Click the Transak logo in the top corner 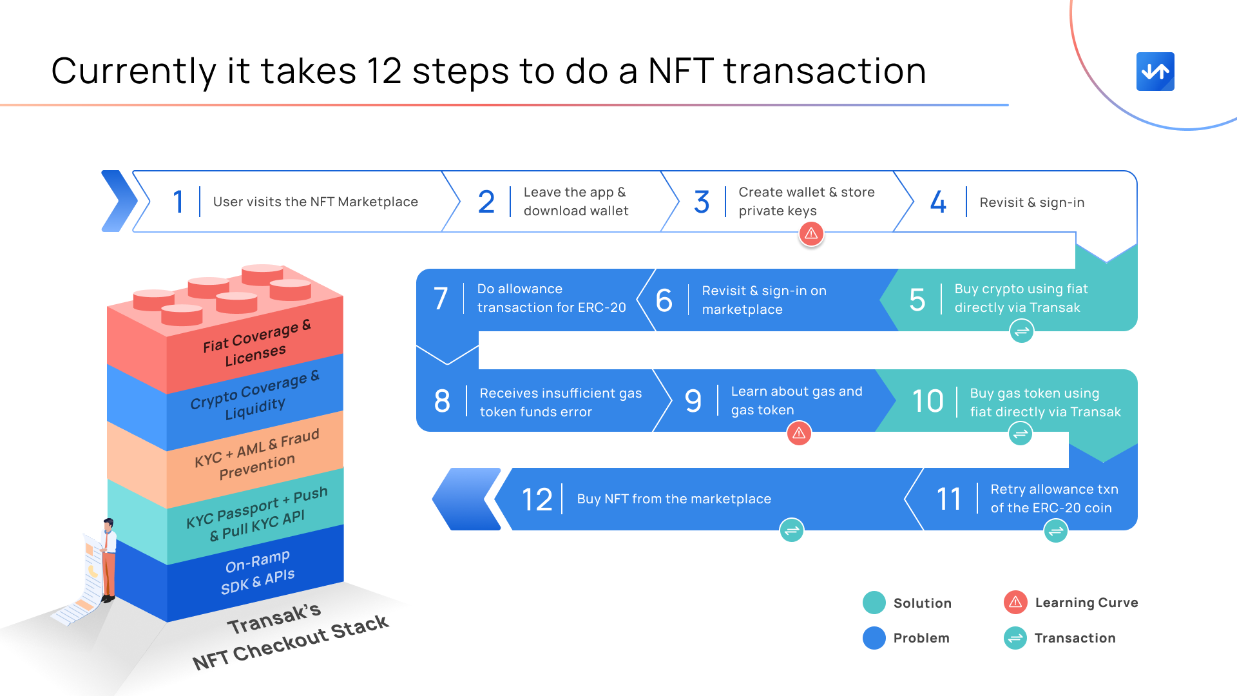point(1155,72)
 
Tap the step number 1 point(178,202)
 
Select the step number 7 point(441,299)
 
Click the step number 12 point(537,499)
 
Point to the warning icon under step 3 point(811,233)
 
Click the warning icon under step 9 point(799,433)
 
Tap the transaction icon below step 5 point(1021,332)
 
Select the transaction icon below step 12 point(792,530)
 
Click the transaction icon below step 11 point(1055,531)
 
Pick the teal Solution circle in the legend point(874,603)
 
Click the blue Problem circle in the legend point(874,638)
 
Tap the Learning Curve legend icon point(1015,603)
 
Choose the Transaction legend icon point(1015,638)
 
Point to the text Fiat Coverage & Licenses point(256,343)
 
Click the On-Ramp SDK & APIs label point(258,572)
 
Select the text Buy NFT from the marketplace point(674,499)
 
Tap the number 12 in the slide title point(384,71)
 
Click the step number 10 point(928,401)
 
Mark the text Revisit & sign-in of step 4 point(1032,202)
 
